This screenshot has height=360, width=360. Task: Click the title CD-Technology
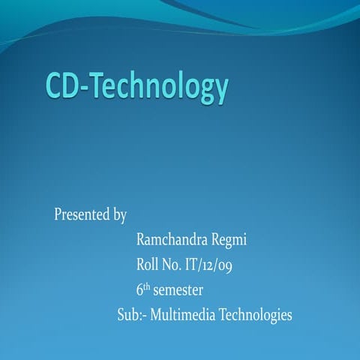coord(136,87)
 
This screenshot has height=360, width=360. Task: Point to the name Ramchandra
coord(170,240)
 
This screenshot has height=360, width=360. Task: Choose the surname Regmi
coord(227,241)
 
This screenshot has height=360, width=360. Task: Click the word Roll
coord(148,265)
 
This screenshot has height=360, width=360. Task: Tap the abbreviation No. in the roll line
coord(173,265)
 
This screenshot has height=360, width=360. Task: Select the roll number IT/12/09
coord(214,265)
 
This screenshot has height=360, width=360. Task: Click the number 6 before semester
coord(140,290)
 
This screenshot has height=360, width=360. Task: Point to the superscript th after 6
coord(148,286)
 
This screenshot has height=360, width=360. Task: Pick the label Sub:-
coord(132,315)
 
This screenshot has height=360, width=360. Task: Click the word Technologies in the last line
coord(256,316)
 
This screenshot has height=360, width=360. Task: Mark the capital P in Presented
coord(58,215)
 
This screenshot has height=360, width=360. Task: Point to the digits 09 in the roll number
coord(231,265)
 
